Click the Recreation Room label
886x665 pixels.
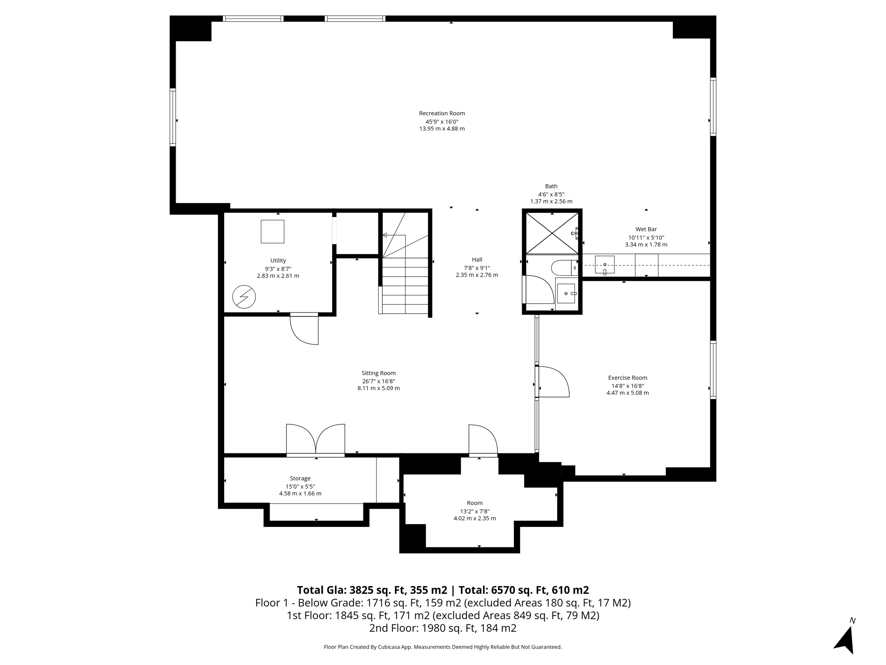point(442,113)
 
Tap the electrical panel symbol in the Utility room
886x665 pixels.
point(244,297)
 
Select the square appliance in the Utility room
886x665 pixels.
point(273,232)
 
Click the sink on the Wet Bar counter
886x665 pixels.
point(605,265)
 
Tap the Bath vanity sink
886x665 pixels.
point(566,294)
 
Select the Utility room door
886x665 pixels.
point(305,329)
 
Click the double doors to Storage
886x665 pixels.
point(316,439)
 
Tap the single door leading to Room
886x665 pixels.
point(483,440)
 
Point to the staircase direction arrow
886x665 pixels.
point(394,236)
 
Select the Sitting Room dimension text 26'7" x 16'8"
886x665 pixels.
point(379,381)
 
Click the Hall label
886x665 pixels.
point(477,260)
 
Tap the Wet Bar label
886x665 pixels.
point(646,229)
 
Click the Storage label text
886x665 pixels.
point(300,478)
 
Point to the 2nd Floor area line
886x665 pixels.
point(443,628)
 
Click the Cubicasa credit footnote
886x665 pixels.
point(443,647)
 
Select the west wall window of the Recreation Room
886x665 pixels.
point(173,117)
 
